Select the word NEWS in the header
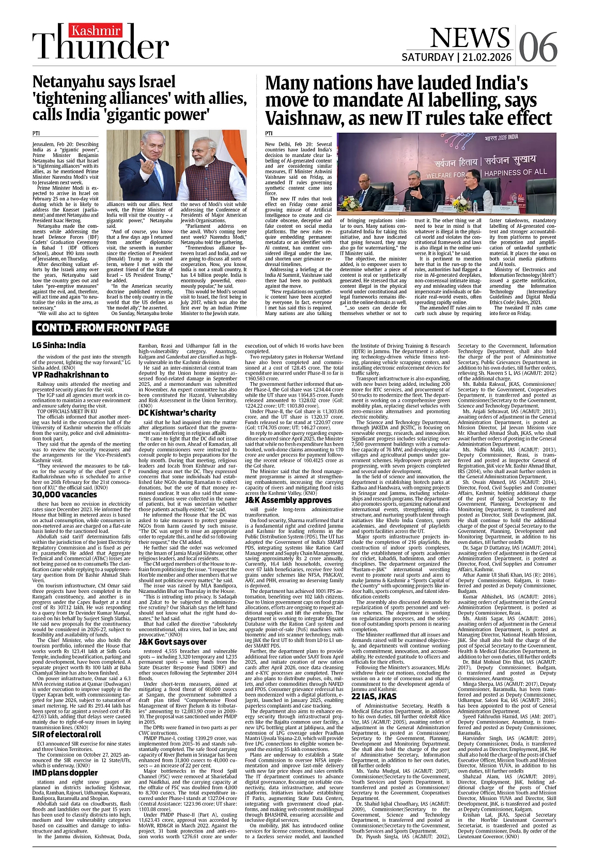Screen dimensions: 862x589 tap(469, 38)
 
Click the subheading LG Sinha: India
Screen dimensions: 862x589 tap(59, 345)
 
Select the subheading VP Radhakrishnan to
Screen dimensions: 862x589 tap(70, 374)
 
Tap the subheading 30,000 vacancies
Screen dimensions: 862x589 tap(65, 494)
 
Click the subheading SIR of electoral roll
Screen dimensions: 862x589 tap(67, 734)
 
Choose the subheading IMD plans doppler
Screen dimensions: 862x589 tap(65, 773)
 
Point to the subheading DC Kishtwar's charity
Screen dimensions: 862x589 tap(177, 413)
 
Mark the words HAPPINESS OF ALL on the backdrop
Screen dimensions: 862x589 tap(516, 172)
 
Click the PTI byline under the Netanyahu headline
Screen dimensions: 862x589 tap(36, 133)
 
